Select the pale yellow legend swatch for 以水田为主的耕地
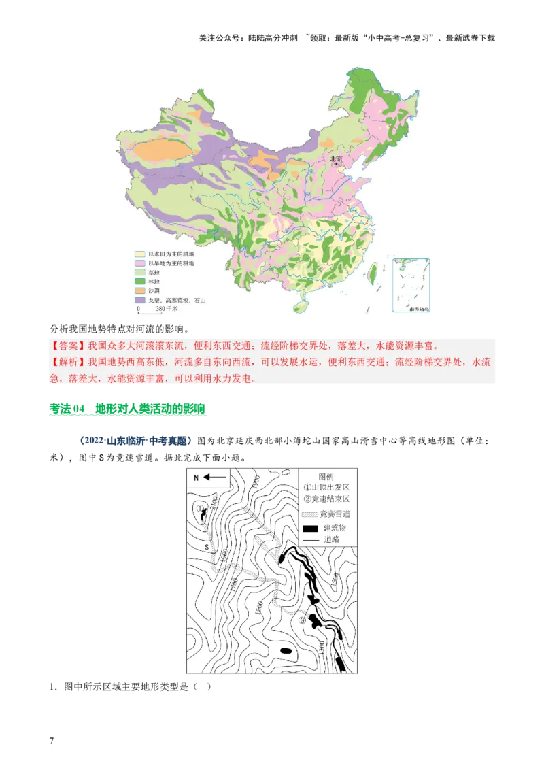click(139, 253)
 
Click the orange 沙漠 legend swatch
click(139, 290)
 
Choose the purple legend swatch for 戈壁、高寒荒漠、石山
click(139, 300)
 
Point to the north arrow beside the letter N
click(216, 478)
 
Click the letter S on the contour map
click(207, 546)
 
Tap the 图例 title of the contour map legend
click(328, 476)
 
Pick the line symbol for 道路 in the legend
click(311, 541)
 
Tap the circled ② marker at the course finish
click(302, 619)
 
